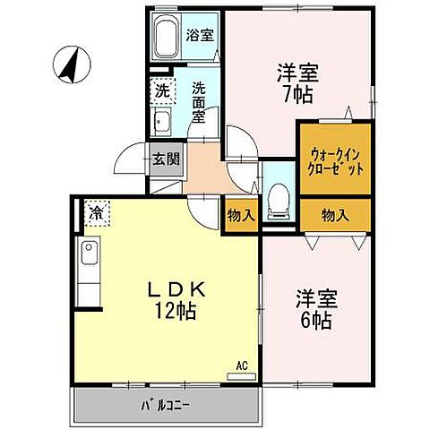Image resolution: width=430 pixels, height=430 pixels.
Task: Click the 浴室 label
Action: [198, 37]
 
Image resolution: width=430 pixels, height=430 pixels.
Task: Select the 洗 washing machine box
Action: [161, 90]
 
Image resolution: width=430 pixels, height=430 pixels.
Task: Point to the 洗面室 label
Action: [200, 100]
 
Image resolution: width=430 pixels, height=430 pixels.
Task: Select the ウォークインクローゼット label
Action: [334, 159]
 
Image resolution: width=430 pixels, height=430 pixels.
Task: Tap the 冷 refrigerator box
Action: [95, 214]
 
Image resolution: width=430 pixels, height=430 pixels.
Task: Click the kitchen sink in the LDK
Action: [90, 256]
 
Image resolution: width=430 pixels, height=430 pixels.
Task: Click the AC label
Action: [242, 365]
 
